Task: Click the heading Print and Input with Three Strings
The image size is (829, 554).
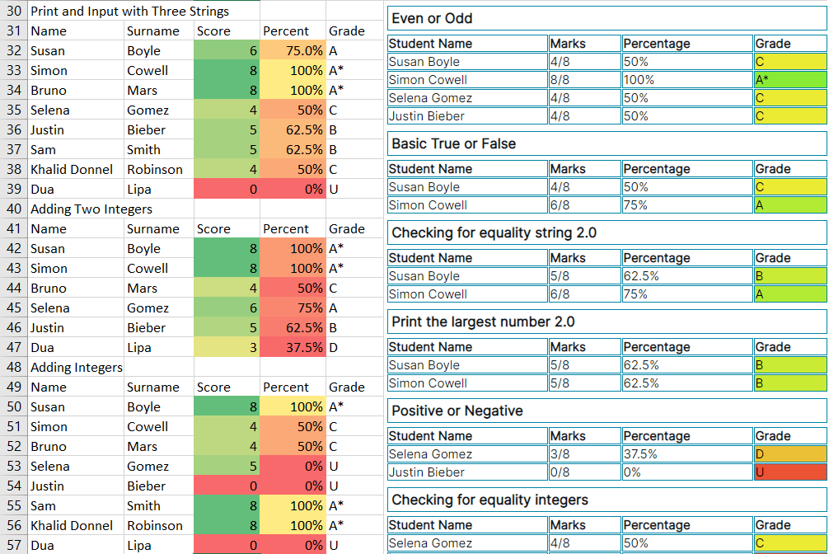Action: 129,12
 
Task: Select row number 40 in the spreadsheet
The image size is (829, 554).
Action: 14,209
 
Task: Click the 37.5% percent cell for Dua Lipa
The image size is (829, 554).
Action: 293,348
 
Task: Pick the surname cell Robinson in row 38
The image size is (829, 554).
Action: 155,170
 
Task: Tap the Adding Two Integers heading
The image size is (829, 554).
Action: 91,209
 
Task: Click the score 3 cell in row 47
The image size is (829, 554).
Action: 226,348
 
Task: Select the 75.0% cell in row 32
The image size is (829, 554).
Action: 293,51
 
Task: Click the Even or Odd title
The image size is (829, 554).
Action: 432,18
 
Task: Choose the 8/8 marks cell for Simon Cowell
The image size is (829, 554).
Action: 560,80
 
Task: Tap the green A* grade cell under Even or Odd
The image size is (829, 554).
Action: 789,80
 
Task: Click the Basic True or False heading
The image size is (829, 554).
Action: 453,143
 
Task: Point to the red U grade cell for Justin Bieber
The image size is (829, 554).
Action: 789,472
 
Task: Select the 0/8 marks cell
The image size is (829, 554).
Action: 560,472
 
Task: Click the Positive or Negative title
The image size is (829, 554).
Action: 457,411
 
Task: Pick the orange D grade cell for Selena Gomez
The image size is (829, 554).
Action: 789,454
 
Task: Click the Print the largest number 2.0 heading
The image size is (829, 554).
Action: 483,322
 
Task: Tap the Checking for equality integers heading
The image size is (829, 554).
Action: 489,500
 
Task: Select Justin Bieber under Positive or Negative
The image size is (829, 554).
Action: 426,472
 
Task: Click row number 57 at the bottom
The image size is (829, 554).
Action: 14,546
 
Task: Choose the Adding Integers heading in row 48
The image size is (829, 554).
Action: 76,368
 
